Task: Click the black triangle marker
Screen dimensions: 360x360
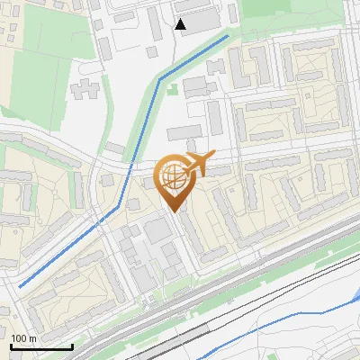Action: click(x=181, y=24)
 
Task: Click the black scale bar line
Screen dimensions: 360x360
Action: click(x=41, y=346)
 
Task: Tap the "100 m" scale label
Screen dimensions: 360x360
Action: click(x=22, y=338)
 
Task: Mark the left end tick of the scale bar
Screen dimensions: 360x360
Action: click(x=11, y=345)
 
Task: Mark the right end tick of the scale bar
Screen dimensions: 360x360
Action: click(x=72, y=345)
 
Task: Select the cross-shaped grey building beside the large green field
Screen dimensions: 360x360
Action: click(x=83, y=89)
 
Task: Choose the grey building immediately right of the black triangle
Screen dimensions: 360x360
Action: click(x=203, y=20)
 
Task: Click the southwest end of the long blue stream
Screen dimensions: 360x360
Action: click(x=21, y=285)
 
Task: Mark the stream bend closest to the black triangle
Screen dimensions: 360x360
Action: click(x=161, y=79)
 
